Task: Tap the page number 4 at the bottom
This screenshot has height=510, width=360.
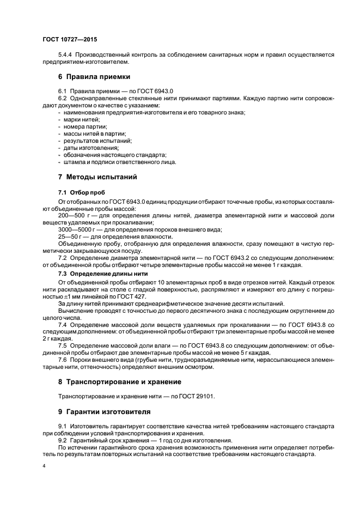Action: (x=44, y=467)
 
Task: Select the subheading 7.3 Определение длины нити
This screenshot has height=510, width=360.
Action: (x=102, y=273)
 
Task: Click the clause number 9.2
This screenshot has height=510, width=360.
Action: (x=62, y=440)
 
